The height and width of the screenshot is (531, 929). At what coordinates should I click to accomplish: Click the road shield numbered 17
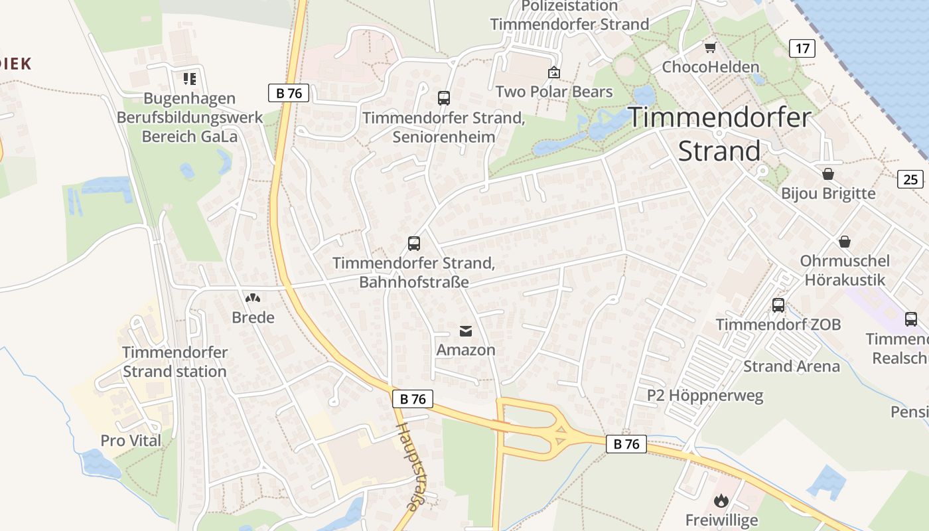click(x=802, y=48)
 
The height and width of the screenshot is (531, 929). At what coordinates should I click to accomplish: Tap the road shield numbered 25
click(x=910, y=179)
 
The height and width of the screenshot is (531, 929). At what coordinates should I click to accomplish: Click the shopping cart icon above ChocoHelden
click(x=711, y=47)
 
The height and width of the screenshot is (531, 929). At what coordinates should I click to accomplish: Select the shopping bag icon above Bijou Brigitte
click(x=828, y=174)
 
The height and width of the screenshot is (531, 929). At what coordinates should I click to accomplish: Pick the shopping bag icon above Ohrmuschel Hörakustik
click(x=845, y=241)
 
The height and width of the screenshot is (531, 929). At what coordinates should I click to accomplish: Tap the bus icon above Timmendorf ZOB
click(x=778, y=305)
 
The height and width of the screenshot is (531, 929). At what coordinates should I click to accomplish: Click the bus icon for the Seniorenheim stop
click(x=444, y=98)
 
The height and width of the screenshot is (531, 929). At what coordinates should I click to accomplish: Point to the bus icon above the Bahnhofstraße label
click(x=414, y=243)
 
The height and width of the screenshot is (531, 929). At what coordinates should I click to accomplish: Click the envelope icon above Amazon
click(x=466, y=331)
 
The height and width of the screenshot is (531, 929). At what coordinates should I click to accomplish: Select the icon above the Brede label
click(x=253, y=298)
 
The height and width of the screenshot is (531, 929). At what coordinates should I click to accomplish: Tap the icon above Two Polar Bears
click(x=554, y=72)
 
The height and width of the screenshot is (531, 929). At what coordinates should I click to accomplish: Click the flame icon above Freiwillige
click(x=721, y=500)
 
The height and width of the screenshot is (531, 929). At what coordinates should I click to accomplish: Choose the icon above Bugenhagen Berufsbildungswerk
click(x=190, y=79)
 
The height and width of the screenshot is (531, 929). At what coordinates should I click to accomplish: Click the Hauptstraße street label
click(x=409, y=465)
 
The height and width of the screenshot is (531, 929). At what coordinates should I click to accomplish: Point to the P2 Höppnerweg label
click(x=705, y=396)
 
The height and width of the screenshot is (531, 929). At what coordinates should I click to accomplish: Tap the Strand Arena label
click(x=791, y=366)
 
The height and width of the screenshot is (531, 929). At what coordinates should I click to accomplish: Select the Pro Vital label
click(x=131, y=441)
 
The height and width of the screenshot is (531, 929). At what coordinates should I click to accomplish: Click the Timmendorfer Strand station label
click(x=175, y=362)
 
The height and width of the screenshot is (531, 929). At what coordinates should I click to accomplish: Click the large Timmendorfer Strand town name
click(x=719, y=134)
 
